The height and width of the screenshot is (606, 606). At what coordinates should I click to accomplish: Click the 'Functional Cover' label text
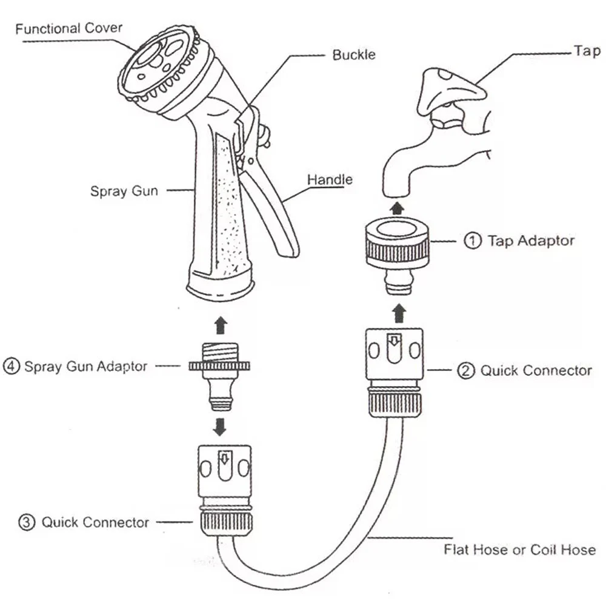pyautogui.click(x=68, y=28)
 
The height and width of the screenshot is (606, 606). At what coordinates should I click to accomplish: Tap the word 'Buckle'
pyautogui.click(x=354, y=55)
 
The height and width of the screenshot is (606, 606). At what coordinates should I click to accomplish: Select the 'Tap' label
pyautogui.click(x=587, y=51)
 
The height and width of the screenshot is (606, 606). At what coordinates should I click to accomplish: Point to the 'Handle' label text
pyautogui.click(x=330, y=179)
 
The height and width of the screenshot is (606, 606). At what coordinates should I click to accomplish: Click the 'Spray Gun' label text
pyautogui.click(x=124, y=191)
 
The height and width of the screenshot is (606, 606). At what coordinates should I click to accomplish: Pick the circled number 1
pyautogui.click(x=473, y=241)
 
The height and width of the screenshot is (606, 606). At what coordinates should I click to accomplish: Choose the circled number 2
pyautogui.click(x=465, y=371)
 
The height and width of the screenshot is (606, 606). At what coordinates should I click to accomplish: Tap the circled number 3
pyautogui.click(x=27, y=522)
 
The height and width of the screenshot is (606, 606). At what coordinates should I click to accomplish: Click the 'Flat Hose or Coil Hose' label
pyautogui.click(x=519, y=550)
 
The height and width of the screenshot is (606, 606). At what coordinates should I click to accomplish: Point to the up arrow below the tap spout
pyautogui.click(x=397, y=208)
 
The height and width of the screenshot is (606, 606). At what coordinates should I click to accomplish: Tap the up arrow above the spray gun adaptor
pyautogui.click(x=221, y=325)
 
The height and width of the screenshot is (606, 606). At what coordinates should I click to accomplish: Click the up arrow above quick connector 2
pyautogui.click(x=398, y=313)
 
